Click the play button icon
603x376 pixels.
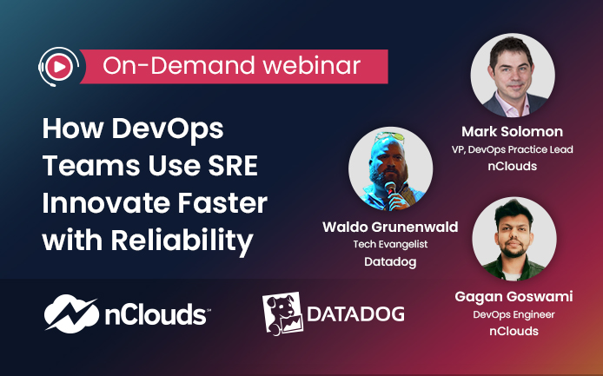[x=59, y=67]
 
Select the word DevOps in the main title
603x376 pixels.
[x=168, y=129]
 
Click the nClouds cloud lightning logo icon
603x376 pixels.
[x=71, y=313]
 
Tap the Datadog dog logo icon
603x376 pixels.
[x=282, y=313]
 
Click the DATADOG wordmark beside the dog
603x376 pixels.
[x=355, y=314]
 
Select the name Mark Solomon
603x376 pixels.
[x=513, y=131]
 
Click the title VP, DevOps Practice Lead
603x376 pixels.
[x=513, y=149]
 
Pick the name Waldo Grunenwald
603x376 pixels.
[x=390, y=227]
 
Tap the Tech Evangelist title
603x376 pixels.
[x=390, y=244]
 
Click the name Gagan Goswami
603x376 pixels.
[x=514, y=296]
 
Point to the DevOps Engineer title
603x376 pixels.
[x=514, y=314]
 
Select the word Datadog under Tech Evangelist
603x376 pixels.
[x=390, y=262]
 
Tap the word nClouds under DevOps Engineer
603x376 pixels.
[x=514, y=331]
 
